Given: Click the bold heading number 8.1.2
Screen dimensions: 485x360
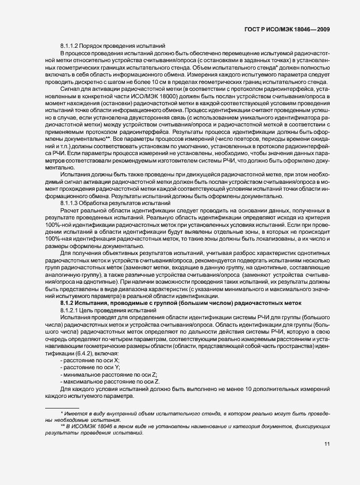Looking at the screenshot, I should pyautogui.click(x=70, y=302).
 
